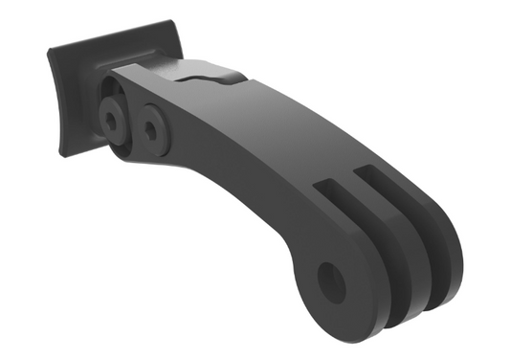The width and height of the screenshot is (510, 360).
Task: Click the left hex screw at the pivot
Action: click(x=114, y=117)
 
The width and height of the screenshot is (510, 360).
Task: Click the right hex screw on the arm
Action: click(x=152, y=124)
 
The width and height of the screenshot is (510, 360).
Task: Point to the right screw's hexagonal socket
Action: click(x=152, y=124)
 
